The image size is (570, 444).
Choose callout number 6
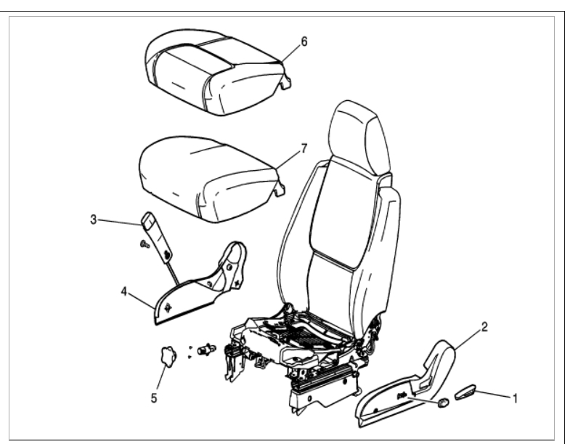304,41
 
